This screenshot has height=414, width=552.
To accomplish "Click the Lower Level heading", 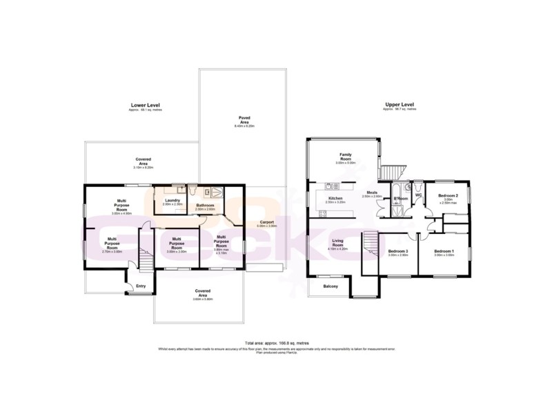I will click(145, 105).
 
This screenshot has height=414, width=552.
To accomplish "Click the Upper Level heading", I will click(400, 105).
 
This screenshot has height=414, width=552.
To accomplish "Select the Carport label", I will click(266, 223).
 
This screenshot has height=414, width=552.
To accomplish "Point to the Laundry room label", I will click(172, 200).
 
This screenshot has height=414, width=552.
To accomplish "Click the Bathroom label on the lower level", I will click(205, 206).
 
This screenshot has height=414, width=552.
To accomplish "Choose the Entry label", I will click(141, 286).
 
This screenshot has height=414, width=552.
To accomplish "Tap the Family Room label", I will click(345, 157).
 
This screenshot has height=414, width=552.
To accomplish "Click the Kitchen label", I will click(335, 199).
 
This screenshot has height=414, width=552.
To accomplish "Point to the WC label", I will click(418, 195).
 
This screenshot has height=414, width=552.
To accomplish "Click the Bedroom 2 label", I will click(448, 196).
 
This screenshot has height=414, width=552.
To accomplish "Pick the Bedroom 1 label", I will click(444, 251).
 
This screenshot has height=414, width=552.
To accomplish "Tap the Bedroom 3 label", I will click(398, 251).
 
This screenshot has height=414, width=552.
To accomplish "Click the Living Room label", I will click(337, 242).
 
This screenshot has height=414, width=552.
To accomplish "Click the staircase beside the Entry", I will click(146, 260).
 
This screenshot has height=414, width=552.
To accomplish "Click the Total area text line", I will click(276, 343).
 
